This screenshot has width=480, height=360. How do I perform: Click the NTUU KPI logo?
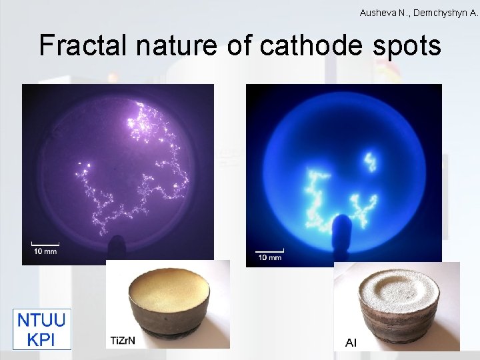pyautogui.click(x=41, y=329)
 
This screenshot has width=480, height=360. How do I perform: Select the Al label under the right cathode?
pyautogui.click(x=351, y=343)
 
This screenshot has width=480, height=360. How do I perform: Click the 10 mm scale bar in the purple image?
pyautogui.click(x=45, y=247)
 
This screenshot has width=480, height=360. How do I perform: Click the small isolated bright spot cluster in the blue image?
pyautogui.click(x=371, y=161)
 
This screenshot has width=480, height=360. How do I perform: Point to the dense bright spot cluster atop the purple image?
pyautogui.click(x=151, y=120)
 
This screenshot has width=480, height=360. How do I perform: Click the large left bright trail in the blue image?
pyautogui.click(x=316, y=193)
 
